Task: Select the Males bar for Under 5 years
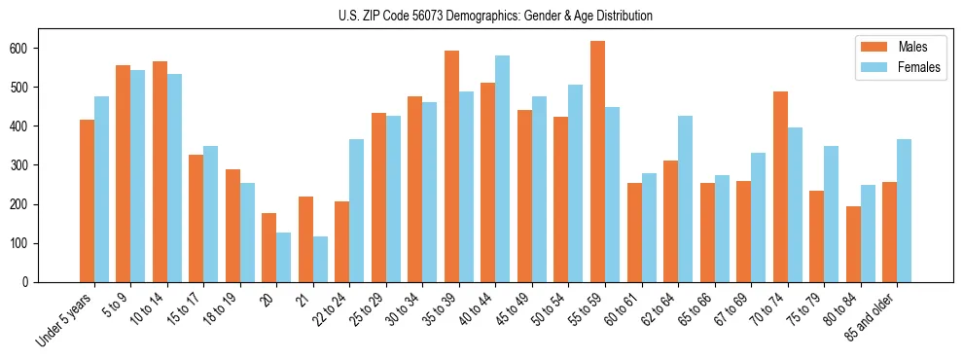(x=87, y=200)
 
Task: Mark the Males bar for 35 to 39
(x=451, y=166)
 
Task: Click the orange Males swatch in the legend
(x=872, y=47)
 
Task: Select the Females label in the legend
(x=919, y=67)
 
